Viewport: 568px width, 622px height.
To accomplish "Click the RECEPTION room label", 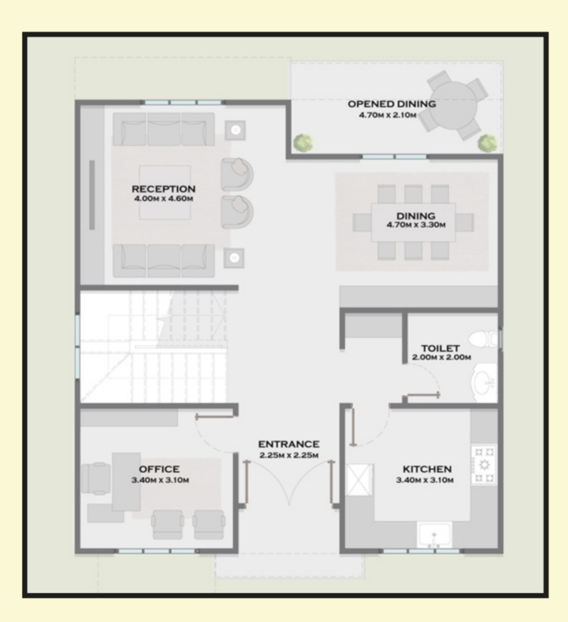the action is coord(164,189).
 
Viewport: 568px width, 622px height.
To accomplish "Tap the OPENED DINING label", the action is coord(392,104).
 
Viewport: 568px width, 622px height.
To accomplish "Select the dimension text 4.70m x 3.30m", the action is coord(416,225).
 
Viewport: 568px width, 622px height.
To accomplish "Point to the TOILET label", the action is coord(441,348).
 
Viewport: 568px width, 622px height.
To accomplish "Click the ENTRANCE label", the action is coord(289,444).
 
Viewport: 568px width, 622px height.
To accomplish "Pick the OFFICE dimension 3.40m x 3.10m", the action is coord(160,480).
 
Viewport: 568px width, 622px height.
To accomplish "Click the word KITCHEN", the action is coord(427,470).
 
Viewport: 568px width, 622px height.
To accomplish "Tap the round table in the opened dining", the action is coord(453,104).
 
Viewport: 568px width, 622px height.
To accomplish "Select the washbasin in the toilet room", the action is coord(484,383).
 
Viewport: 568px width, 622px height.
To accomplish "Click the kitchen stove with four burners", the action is coord(484,465).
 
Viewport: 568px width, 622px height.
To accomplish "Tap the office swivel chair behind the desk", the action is coord(96,478).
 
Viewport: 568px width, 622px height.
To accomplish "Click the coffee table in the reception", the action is coord(165,193).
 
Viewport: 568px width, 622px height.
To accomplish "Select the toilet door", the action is coord(423,395).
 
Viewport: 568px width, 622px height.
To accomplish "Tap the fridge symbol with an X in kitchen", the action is coord(360,480).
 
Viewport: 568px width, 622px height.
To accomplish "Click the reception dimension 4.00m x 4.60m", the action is coord(164,199).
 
